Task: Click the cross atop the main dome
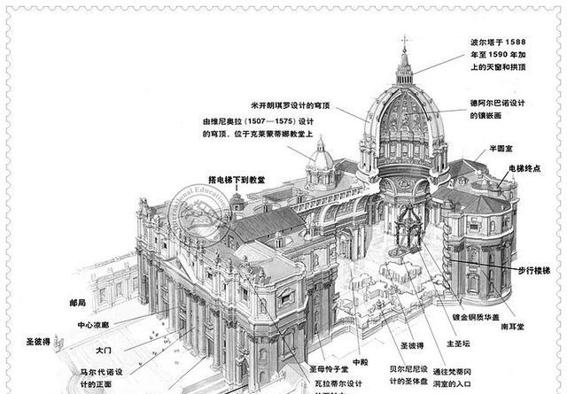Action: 405,41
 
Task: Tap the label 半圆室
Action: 508,149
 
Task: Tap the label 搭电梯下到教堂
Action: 237,180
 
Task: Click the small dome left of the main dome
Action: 320,159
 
